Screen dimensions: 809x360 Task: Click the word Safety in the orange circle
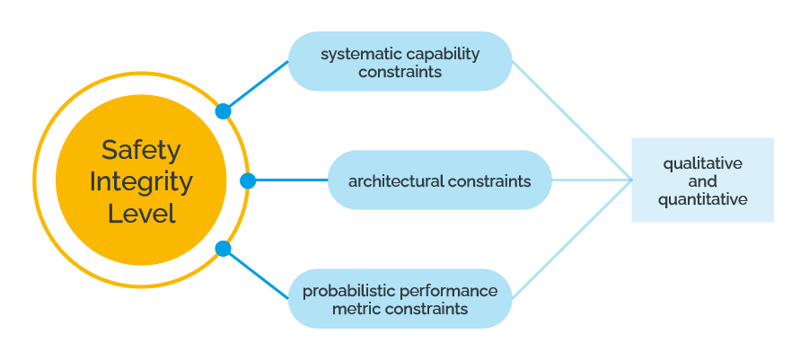coord(141,150)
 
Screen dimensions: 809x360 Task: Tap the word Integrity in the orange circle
coord(141,182)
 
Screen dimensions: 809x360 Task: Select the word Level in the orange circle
coord(141,214)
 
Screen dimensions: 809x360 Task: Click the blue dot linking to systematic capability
coord(223,111)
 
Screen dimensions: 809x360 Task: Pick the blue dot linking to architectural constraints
coord(248,180)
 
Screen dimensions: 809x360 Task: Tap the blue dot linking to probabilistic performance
coord(223,249)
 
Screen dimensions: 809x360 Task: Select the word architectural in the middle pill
coord(396,181)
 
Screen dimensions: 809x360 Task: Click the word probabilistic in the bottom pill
coord(348,291)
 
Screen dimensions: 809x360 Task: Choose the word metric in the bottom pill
coord(354,309)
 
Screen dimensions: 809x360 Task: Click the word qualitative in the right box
coord(703,163)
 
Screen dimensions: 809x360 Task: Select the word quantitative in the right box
coord(703,199)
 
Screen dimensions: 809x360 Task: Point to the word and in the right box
coord(703,181)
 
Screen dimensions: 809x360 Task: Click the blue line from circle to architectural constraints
coord(292,180)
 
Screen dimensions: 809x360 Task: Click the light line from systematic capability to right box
coord(572,120)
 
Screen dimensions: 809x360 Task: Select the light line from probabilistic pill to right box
coord(572,240)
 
